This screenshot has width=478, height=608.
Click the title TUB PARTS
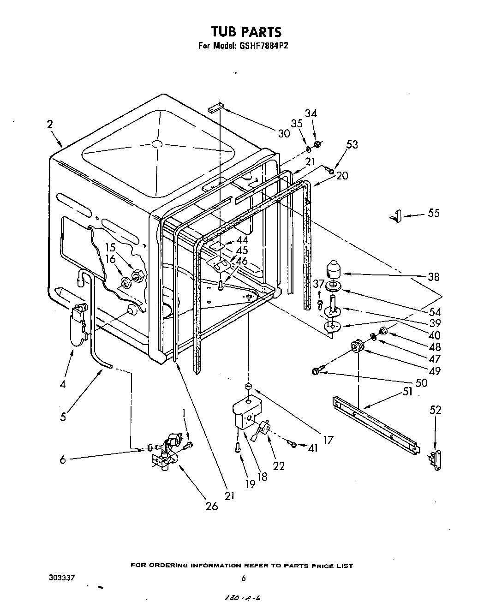click(246, 32)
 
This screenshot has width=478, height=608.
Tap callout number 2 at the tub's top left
click(49, 124)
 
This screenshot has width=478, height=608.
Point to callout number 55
click(433, 213)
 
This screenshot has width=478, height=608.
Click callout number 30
click(284, 133)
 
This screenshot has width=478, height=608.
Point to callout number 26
click(211, 506)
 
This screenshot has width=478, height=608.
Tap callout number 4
click(62, 384)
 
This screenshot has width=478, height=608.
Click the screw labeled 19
click(237, 447)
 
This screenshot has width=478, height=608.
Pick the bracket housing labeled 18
click(245, 413)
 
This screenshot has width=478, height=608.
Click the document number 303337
click(62, 578)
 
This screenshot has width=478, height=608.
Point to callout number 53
click(352, 144)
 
